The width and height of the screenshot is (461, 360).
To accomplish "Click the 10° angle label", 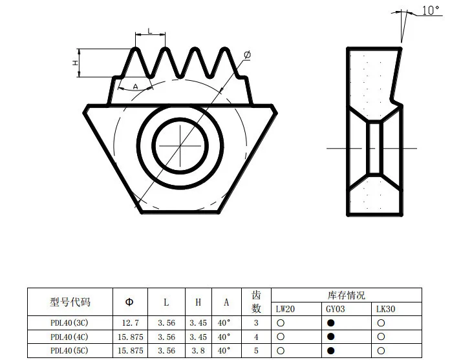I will [431, 10].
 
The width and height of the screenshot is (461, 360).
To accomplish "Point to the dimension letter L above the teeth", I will [150, 31].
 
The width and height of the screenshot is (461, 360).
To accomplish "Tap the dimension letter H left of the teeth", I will [76, 63].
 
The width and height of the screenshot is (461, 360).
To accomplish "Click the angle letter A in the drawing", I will [135, 86].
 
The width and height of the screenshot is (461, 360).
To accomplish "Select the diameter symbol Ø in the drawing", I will [247, 56].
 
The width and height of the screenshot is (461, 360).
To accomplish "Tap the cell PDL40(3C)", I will [70, 322].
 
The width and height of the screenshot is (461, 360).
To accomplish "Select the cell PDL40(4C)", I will [70, 336].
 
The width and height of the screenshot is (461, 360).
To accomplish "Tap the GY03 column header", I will [335, 310].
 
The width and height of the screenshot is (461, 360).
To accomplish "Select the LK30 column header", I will [385, 310].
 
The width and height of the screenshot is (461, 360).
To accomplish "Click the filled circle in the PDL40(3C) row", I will [330, 322].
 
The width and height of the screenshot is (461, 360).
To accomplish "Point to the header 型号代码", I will [70, 302].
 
